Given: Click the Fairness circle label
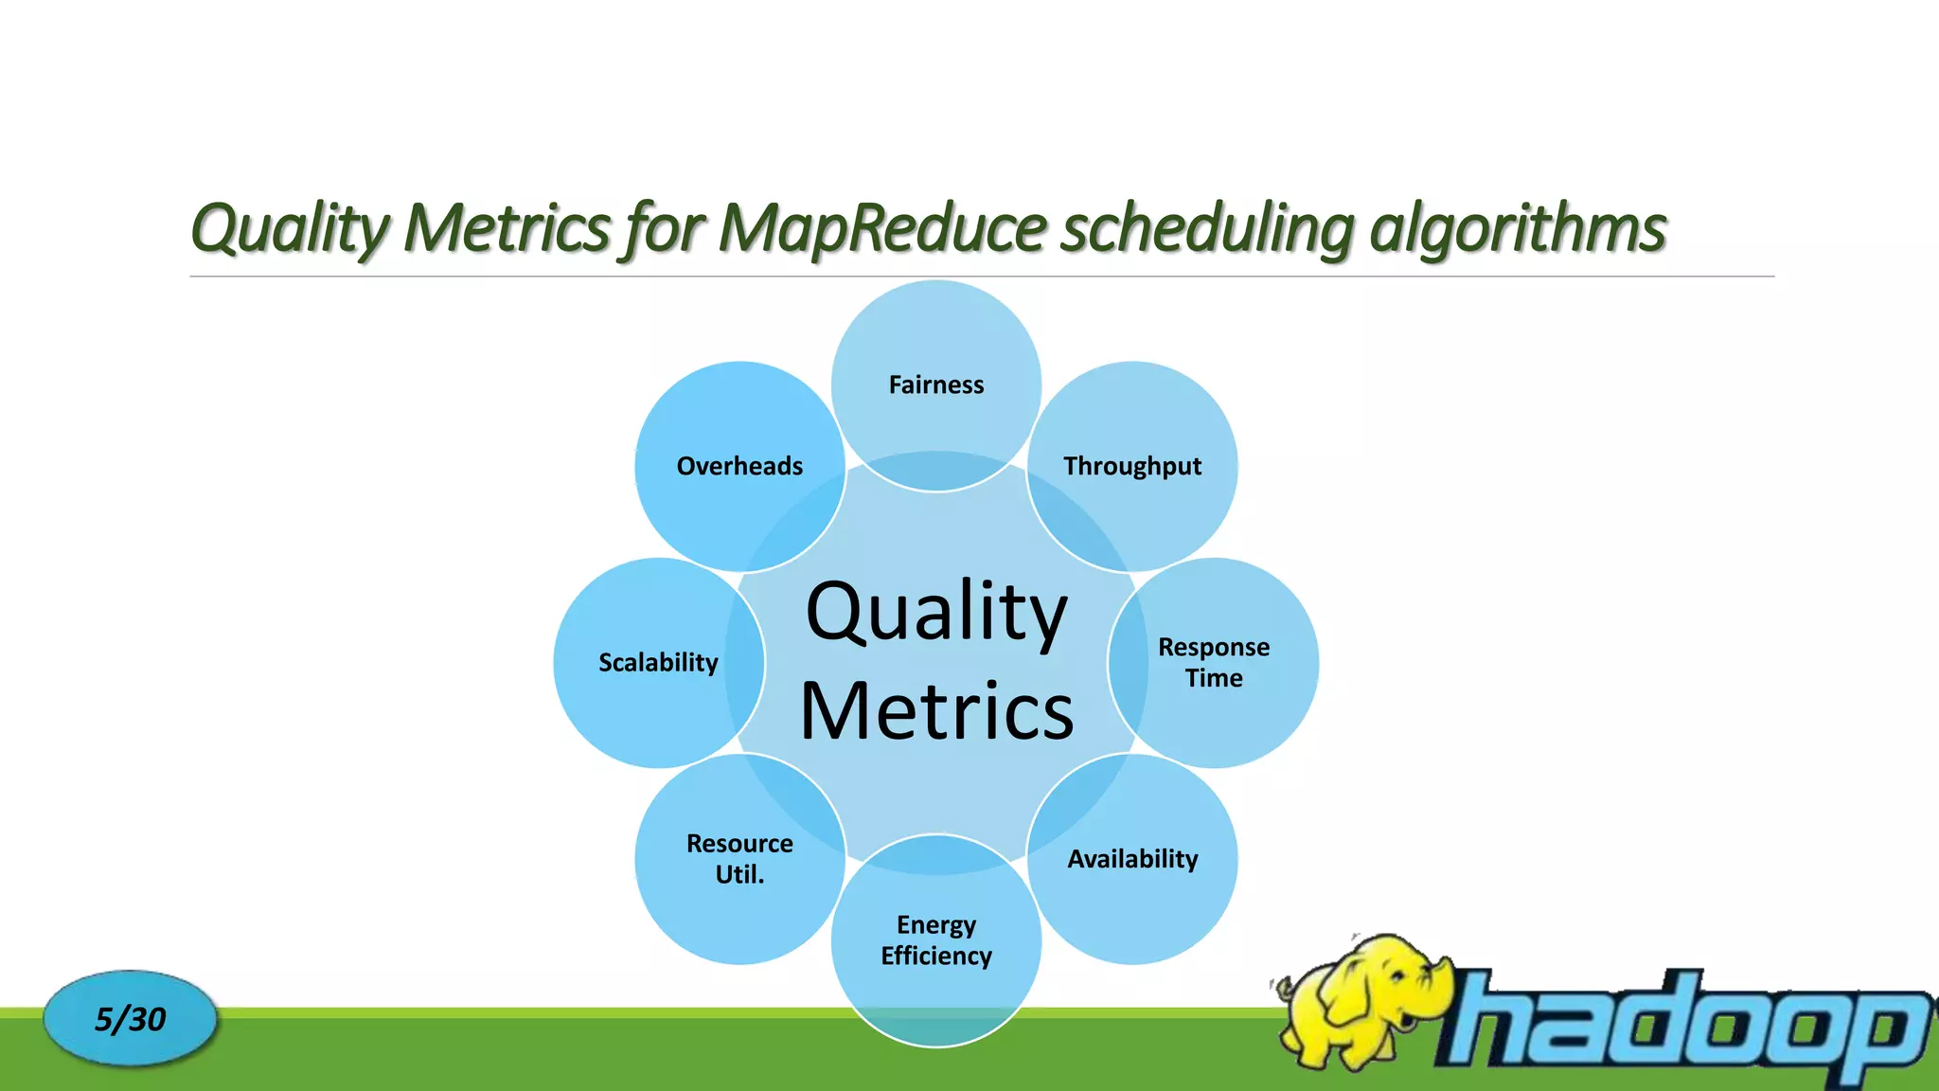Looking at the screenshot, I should coord(935,385).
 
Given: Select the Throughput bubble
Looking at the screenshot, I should coord(1132,466).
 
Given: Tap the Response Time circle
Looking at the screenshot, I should coord(1214,662).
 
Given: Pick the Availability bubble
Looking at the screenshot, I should coord(1132,859).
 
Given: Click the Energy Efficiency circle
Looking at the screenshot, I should coord(935,939).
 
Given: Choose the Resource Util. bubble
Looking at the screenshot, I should coord(739,858).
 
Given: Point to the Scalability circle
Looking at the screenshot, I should coord(658,662).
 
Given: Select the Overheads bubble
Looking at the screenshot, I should coord(739,466).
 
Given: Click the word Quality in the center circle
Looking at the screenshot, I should coord(935,612).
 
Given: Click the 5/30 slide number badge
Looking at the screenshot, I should coord(130,1019).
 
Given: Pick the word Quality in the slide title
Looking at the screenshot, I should coord(289,228).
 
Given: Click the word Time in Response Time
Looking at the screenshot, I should coord(1214,678).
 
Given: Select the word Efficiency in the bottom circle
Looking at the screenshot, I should coord(935,956).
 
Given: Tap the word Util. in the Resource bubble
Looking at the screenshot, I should coord(739,874).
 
